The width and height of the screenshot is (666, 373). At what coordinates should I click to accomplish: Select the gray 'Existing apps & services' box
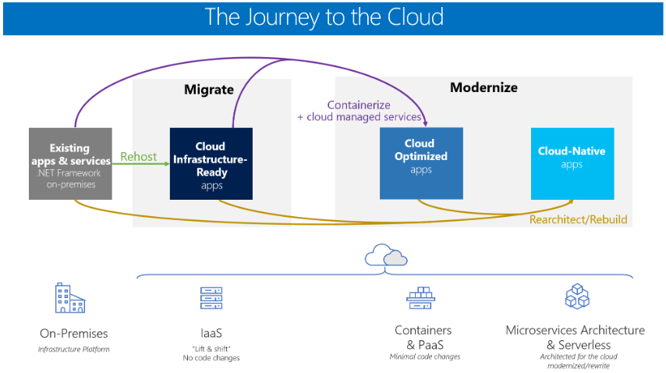click(x=69, y=162)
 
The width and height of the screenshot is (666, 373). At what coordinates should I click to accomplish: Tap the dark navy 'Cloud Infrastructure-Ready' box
click(x=211, y=164)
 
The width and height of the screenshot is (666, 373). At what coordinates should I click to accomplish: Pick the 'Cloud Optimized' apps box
click(x=421, y=162)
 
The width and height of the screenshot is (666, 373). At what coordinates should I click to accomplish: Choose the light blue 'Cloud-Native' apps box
click(x=572, y=162)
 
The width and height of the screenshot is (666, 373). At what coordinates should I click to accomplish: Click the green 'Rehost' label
click(x=138, y=157)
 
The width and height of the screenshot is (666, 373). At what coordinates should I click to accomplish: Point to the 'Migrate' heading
click(x=208, y=90)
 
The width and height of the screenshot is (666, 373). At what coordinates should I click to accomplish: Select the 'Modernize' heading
click(x=483, y=87)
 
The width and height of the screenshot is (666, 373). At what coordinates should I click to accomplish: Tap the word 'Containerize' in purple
click(x=359, y=105)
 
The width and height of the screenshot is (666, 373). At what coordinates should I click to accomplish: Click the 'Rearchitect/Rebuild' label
click(x=578, y=219)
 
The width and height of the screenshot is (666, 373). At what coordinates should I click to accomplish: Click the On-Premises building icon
click(x=69, y=297)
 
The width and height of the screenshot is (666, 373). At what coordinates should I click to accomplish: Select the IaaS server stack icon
click(x=211, y=297)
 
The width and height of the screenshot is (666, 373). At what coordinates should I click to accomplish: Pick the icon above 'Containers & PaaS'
click(x=421, y=297)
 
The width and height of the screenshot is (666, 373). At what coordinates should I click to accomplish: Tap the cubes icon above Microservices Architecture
click(x=576, y=297)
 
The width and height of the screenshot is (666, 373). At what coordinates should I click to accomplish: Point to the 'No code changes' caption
click(x=211, y=358)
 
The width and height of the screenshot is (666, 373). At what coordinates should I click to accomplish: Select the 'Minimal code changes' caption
click(x=425, y=357)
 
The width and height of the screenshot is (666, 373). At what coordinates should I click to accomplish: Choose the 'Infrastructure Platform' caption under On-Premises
click(x=74, y=349)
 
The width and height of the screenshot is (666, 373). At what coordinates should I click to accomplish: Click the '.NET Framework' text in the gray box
click(x=69, y=173)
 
